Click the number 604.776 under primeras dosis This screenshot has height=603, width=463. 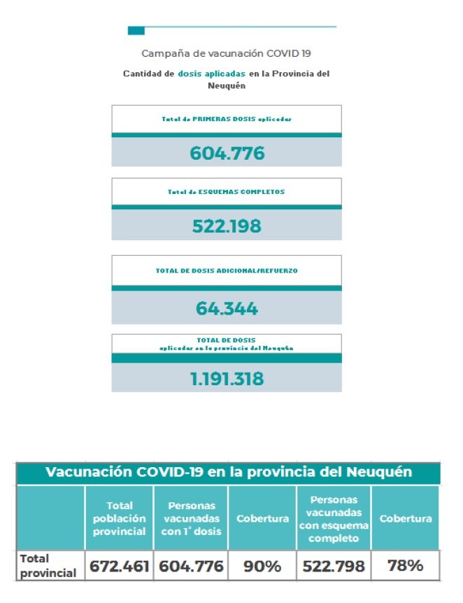[x=227, y=153]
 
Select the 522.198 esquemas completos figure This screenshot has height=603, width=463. [x=227, y=226]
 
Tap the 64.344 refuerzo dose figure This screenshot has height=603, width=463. [x=227, y=308]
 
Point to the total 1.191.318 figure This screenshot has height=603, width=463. [x=227, y=379]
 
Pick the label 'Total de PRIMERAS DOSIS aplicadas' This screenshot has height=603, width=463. [x=227, y=119]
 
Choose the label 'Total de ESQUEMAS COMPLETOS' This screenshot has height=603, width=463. [x=227, y=191]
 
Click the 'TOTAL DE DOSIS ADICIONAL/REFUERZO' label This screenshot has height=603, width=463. [x=227, y=270]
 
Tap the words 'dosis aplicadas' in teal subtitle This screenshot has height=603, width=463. [x=211, y=74]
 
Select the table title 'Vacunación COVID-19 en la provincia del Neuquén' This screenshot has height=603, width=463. [x=228, y=472]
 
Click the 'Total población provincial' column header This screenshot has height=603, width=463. [x=120, y=518]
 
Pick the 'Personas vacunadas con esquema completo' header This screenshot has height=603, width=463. [x=333, y=519]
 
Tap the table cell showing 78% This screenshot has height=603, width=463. [x=406, y=566]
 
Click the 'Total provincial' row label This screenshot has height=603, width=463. [x=48, y=566]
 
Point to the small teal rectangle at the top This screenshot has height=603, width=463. [x=136, y=30]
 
